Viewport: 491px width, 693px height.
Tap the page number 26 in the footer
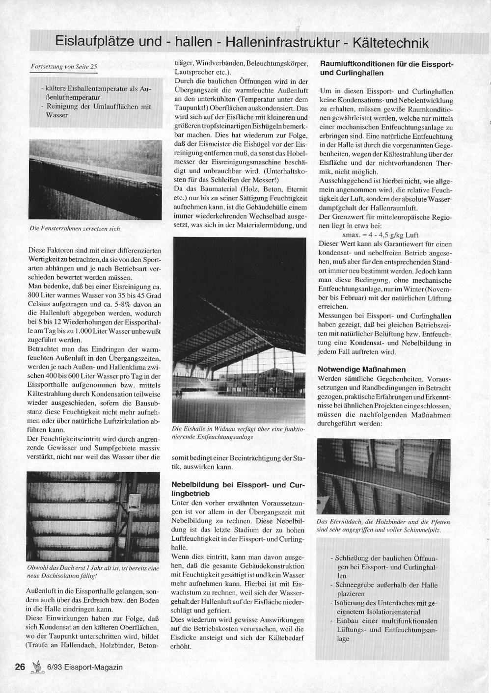point(20,666)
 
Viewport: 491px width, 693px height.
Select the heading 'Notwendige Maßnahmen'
point(362,370)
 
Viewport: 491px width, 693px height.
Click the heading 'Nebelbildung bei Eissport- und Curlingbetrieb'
point(238,489)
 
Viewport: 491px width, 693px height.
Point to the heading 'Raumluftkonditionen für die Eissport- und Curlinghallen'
point(386,68)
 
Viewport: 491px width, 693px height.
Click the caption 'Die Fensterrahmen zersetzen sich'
point(75,228)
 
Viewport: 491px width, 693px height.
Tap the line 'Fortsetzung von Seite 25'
point(64,66)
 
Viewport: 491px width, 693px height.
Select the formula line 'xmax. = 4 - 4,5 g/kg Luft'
point(373,235)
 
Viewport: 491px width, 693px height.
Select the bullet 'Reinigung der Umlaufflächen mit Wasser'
point(97,110)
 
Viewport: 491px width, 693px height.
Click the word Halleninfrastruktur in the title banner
point(282,43)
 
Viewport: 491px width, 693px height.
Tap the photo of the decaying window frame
point(95,180)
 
